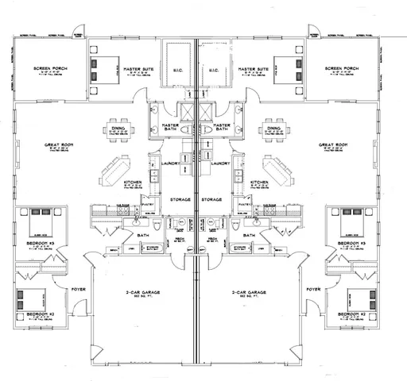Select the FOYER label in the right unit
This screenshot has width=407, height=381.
314,289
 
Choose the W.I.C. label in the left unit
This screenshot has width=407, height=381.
179,70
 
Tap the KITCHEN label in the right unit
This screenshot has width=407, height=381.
258,182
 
